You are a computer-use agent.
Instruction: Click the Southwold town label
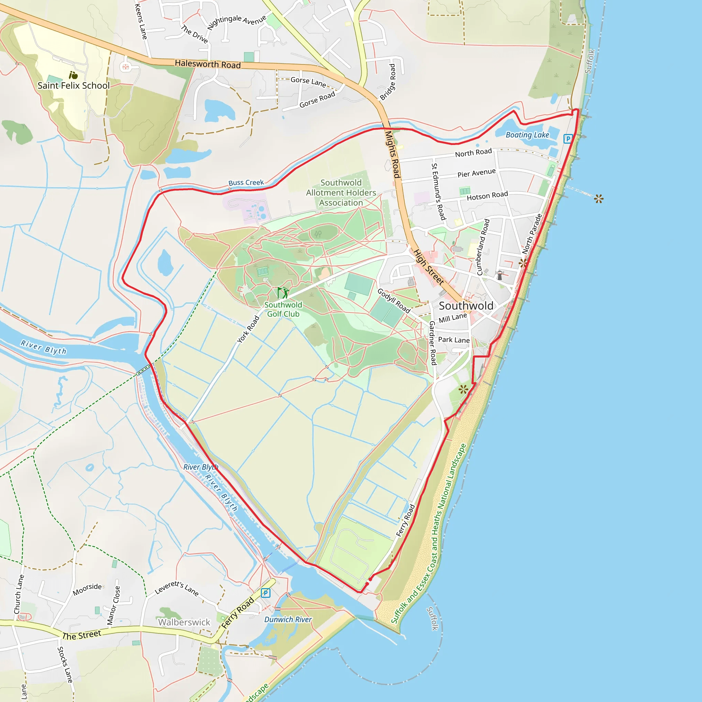click(466, 306)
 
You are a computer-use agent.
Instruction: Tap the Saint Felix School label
click(73, 86)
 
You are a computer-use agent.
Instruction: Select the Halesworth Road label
click(207, 64)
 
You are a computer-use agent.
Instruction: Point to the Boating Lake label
click(527, 135)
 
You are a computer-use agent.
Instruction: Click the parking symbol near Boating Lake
click(568, 138)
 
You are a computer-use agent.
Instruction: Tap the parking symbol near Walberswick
click(266, 593)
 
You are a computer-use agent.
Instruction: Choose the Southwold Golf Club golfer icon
click(283, 292)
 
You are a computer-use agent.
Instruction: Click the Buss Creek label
click(246, 182)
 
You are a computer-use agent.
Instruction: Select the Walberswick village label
click(184, 622)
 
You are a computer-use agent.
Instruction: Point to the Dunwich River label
click(288, 619)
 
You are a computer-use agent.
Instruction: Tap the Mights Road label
click(393, 155)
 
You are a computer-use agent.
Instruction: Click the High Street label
click(429, 267)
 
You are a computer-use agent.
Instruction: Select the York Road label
click(248, 329)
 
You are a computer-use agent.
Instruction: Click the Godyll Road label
click(394, 301)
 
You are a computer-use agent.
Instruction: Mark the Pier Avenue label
click(476, 173)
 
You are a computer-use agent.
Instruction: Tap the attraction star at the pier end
click(599, 199)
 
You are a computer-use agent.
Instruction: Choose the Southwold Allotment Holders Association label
click(341, 193)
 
